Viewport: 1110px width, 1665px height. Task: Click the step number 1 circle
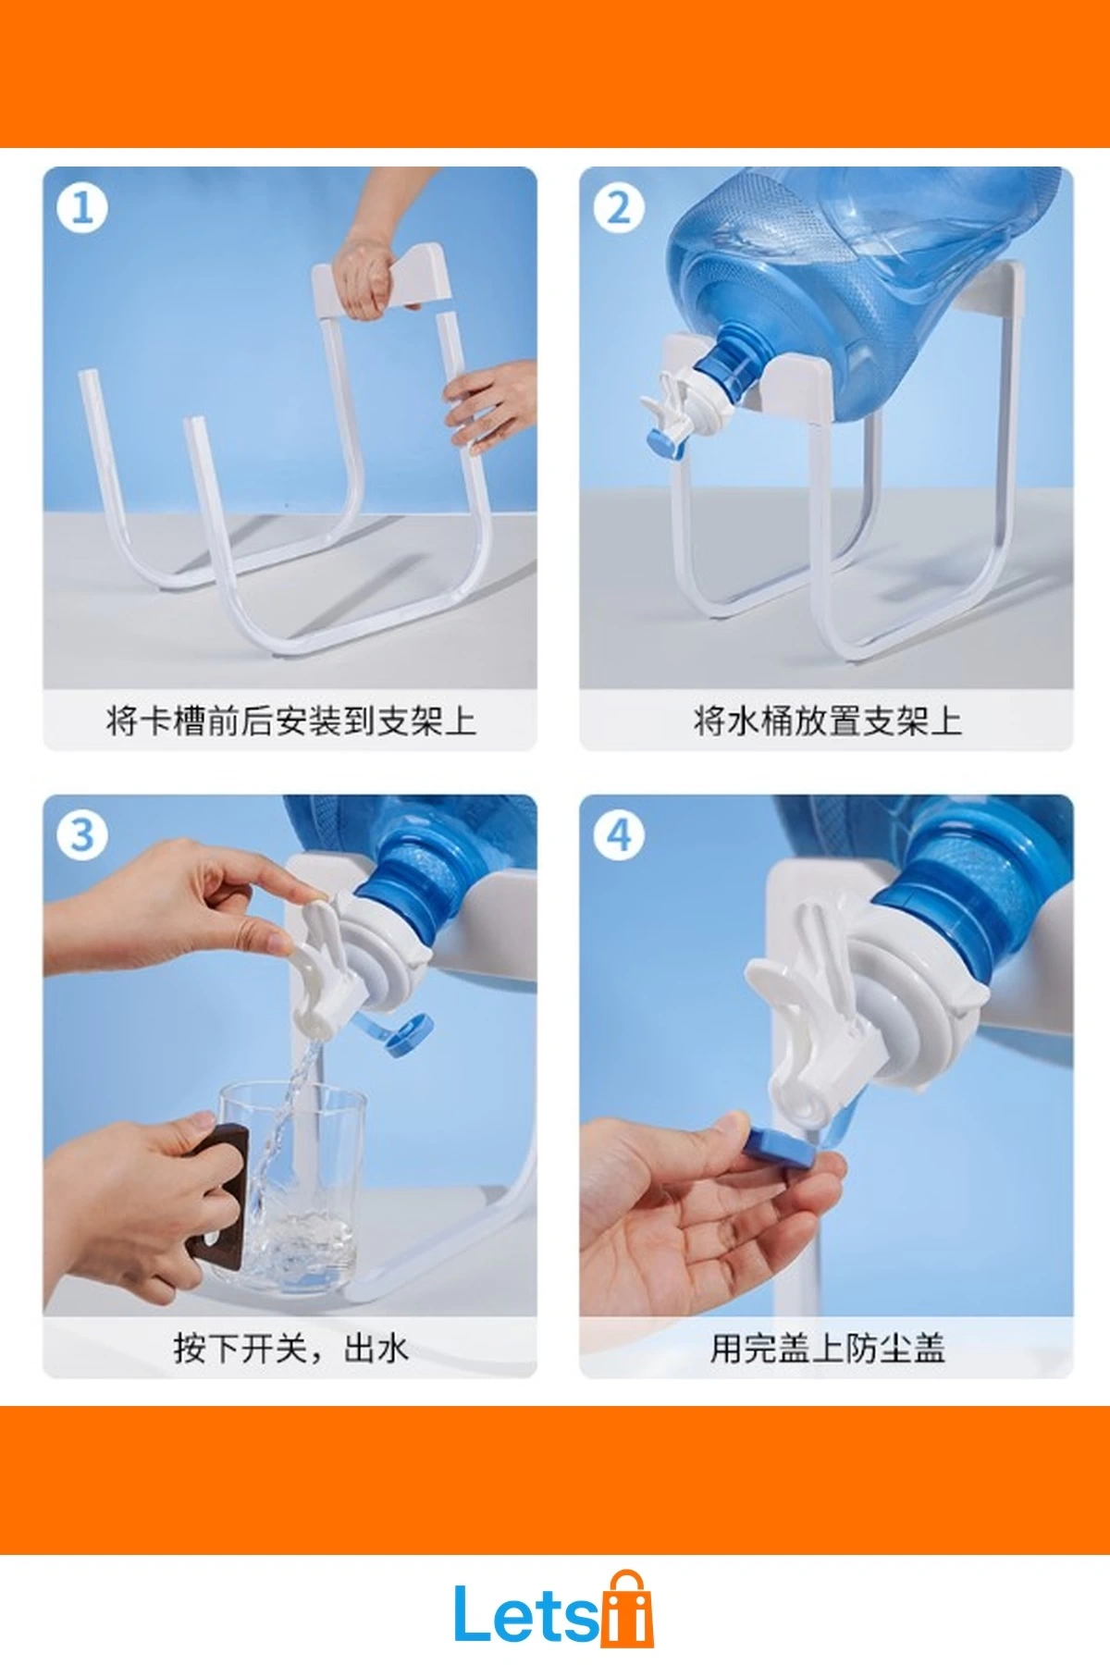pyautogui.click(x=82, y=208)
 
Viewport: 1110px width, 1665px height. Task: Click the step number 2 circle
pyautogui.click(x=619, y=208)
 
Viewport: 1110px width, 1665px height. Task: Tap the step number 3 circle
pyautogui.click(x=82, y=836)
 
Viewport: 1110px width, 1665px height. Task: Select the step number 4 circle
pyautogui.click(x=619, y=836)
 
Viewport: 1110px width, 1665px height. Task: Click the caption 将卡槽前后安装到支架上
pyautogui.click(x=290, y=721)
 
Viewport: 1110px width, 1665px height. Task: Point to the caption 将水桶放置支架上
pyautogui.click(x=827, y=721)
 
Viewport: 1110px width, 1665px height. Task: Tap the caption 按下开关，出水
pyautogui.click(x=290, y=1348)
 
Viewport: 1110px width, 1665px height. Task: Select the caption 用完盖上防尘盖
pyautogui.click(x=827, y=1348)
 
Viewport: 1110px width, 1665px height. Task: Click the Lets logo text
pyautogui.click(x=526, y=1614)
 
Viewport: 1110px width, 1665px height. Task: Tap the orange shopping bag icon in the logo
pyautogui.click(x=627, y=1609)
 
